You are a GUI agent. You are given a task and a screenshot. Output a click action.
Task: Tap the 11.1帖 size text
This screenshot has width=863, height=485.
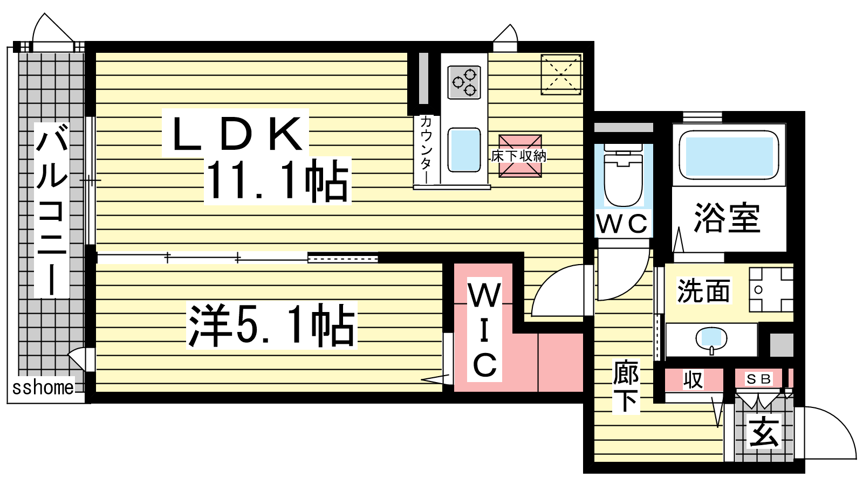coord(277,181)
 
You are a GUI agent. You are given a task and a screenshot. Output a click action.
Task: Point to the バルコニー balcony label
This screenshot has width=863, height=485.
coord(52,210)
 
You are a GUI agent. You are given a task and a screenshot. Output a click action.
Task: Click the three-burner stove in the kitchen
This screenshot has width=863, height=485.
coord(464,82)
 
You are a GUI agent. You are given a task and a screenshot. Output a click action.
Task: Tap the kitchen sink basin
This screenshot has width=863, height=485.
coord(464,150)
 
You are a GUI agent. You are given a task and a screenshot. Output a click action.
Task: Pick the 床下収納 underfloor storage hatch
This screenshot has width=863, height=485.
coord(520,156)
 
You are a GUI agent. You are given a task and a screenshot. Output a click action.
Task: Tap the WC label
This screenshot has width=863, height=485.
coord(622,223)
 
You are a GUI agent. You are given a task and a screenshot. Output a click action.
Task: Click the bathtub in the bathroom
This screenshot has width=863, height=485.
coord(729,155)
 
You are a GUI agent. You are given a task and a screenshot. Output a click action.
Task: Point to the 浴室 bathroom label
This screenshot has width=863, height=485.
coord(727,218)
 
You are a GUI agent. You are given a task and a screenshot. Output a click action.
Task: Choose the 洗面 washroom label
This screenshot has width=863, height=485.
coord(703,291)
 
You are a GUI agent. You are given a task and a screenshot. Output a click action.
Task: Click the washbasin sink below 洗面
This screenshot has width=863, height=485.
coord(711,340)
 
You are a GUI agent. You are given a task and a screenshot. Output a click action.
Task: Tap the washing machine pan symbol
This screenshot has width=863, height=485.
coord(771,289)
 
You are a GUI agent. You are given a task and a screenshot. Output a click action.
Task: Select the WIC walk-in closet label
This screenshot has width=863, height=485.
coord(485,330)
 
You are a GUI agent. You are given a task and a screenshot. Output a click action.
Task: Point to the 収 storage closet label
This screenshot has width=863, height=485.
coord(693,379)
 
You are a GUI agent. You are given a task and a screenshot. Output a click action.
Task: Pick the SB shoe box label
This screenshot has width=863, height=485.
coord(758,379)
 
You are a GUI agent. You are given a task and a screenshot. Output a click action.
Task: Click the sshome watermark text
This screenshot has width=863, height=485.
coord(43,387)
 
